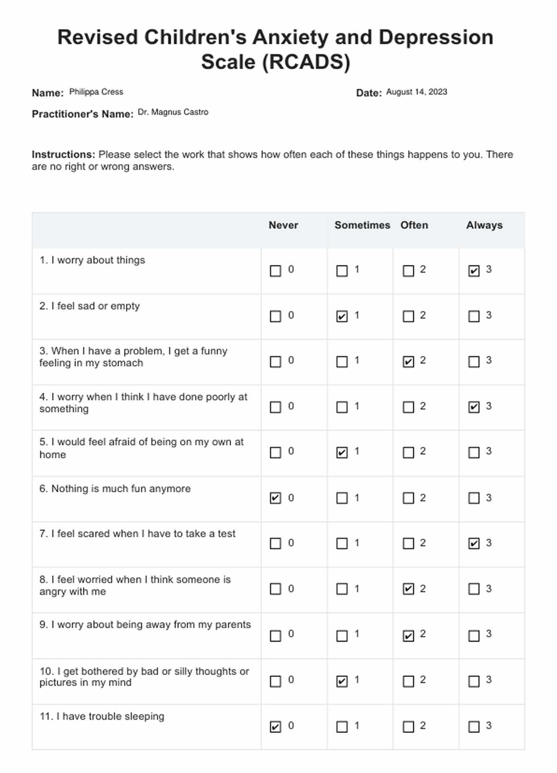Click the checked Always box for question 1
tap(474, 271)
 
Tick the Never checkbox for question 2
tap(275, 316)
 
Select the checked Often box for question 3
tap(408, 362)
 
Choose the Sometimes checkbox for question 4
tap(341, 407)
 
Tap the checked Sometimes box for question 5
tap(341, 452)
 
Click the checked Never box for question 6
tap(275, 498)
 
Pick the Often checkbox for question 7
tap(408, 543)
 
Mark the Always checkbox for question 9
tap(474, 635)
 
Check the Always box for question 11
tap(474, 727)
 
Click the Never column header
tap(283, 225)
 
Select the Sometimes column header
tap(362, 225)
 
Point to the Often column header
tap(414, 225)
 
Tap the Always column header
tap(484, 225)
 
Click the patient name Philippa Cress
tap(96, 92)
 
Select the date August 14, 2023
tap(416, 92)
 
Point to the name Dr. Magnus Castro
tap(173, 112)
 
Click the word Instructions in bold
tap(63, 155)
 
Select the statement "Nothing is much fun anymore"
tap(121, 489)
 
